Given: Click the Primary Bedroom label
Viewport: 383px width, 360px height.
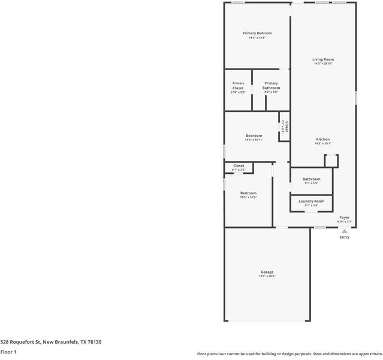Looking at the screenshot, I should pos(257,33).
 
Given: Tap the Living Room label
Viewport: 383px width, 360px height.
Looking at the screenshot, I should pos(323,59).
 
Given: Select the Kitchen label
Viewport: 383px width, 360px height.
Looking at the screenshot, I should pos(323,139).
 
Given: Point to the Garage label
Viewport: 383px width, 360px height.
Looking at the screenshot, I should pos(267,272).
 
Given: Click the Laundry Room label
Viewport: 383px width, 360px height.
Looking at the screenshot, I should pos(311,201).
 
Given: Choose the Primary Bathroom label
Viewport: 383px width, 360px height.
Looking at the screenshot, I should pos(271,86).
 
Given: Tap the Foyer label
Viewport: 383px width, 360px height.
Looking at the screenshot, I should pos(345,217).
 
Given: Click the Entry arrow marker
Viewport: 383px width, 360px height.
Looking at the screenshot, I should pos(345,230).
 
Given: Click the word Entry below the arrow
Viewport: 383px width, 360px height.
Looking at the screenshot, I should pos(345,237).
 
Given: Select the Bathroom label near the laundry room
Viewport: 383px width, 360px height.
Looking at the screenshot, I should pos(311,179).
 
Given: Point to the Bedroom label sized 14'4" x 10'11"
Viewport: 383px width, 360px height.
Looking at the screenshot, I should pos(254,136).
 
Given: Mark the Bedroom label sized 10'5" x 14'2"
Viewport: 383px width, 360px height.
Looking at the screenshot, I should pos(248,193).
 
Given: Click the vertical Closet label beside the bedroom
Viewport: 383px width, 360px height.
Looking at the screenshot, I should pos(287,127).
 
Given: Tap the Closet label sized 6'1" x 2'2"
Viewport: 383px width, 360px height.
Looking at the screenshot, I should pos(239,166).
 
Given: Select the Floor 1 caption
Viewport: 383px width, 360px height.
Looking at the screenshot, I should pos(8,352).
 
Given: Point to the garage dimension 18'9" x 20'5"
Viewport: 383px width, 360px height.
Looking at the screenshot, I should pos(267,276).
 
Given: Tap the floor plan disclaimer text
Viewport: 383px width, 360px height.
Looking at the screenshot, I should pos(289,353).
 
